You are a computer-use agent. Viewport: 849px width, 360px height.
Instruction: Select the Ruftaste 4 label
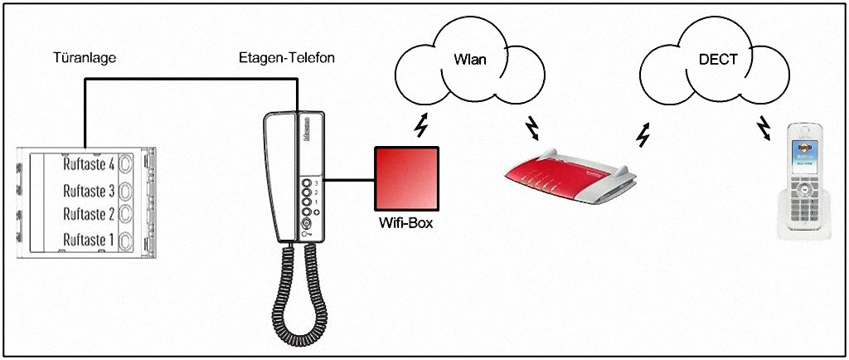pos(89,164)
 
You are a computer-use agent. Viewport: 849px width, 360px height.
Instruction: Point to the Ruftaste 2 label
pos(89,214)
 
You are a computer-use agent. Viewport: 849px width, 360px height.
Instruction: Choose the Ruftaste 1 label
pos(89,240)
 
